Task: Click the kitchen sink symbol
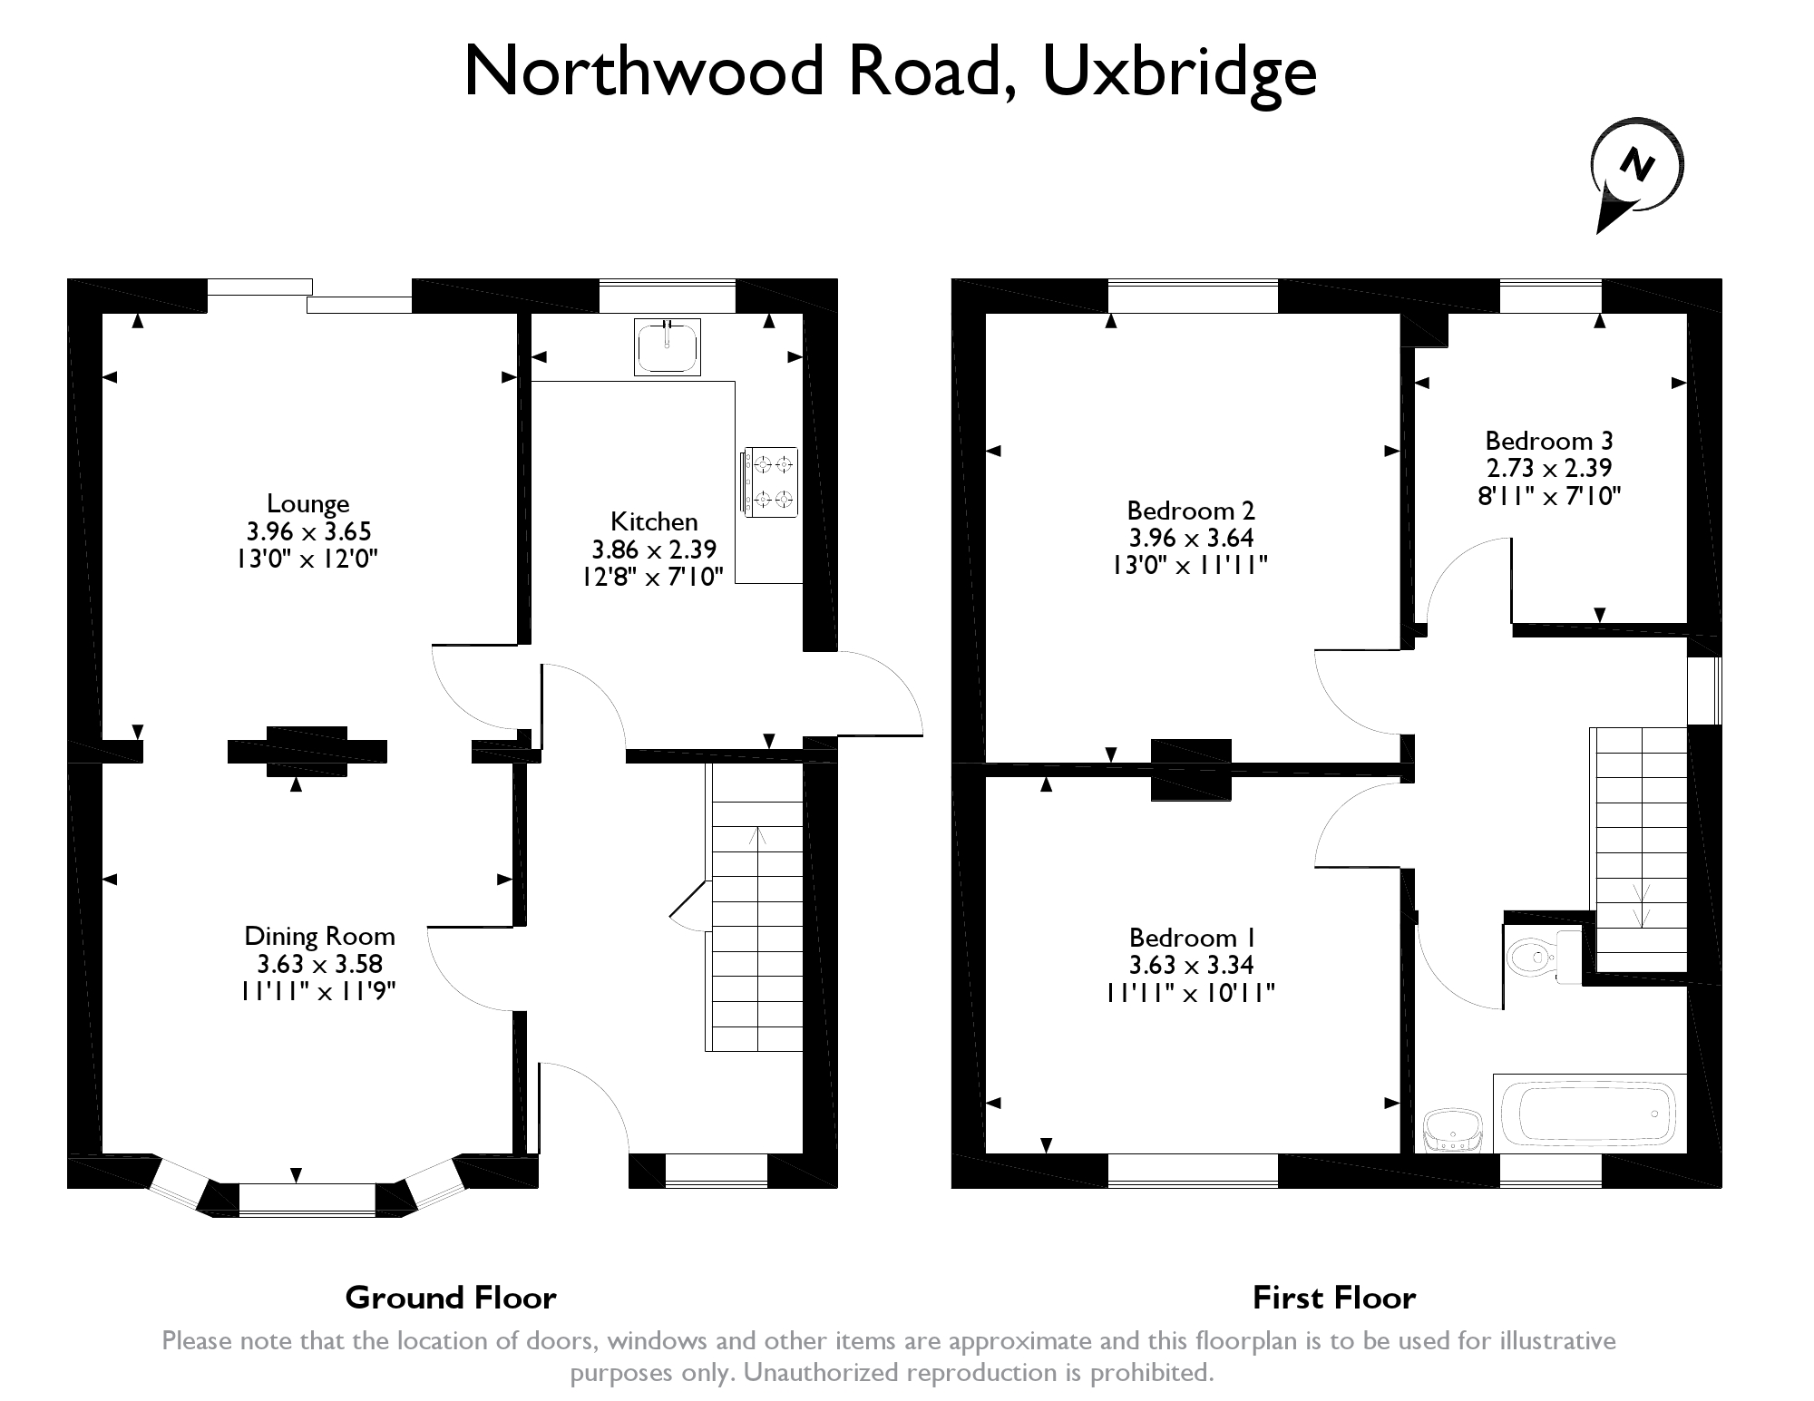[x=668, y=346]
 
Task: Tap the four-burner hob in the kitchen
[x=770, y=482]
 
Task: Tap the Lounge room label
[x=307, y=503]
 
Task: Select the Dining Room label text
[x=319, y=936]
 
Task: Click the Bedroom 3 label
[x=1548, y=441]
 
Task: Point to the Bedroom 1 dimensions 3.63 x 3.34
[x=1190, y=966]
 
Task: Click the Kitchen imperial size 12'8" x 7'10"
[x=653, y=577]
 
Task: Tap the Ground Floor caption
[x=450, y=1298]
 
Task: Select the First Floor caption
[x=1333, y=1298]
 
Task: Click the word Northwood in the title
[x=643, y=71]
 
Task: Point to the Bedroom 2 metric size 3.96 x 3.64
[x=1190, y=538]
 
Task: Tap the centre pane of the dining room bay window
[x=307, y=1199]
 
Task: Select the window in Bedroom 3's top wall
[x=1550, y=297]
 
